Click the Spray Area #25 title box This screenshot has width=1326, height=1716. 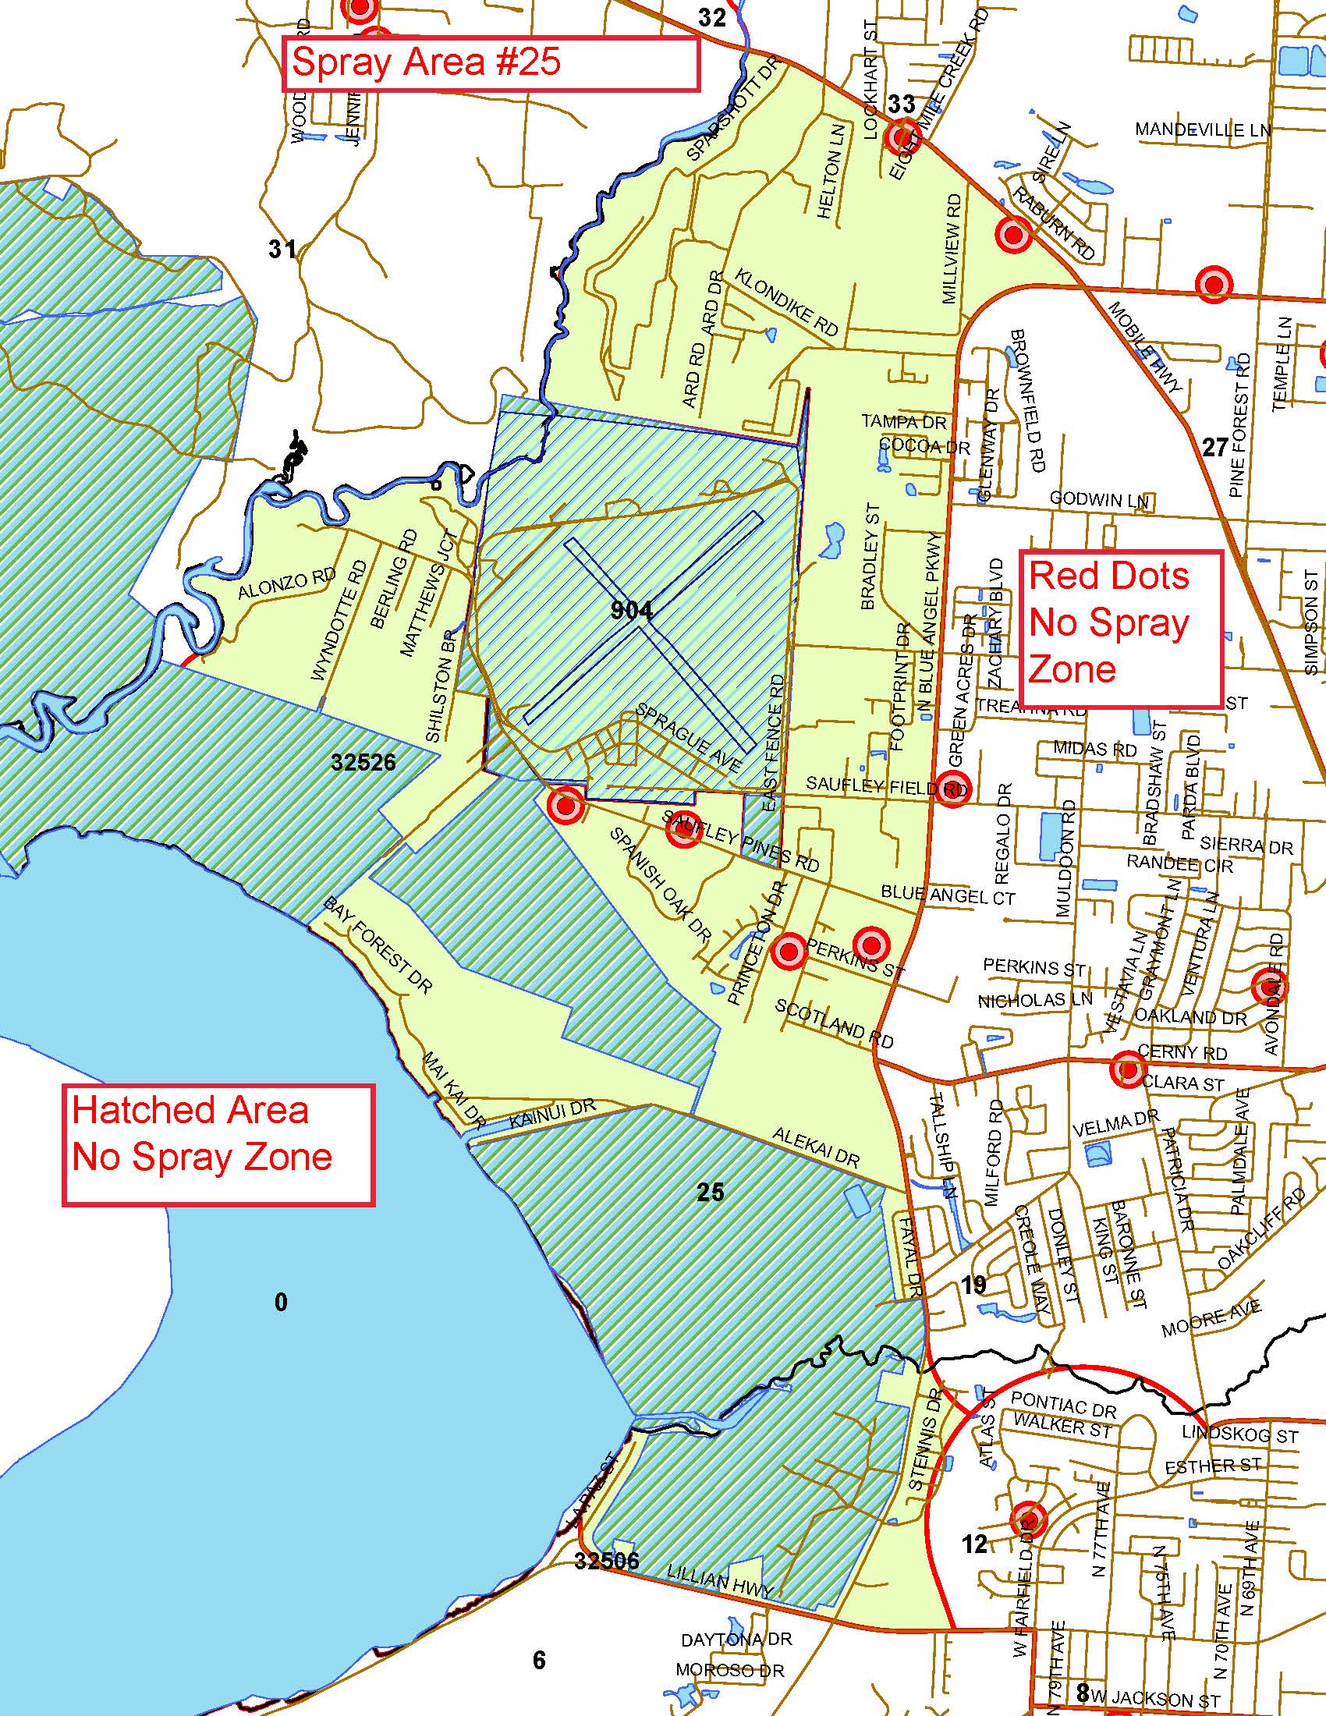point(490,64)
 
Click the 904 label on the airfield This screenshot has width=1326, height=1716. point(632,611)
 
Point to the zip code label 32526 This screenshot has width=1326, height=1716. point(363,762)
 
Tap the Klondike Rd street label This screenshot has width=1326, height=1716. point(786,303)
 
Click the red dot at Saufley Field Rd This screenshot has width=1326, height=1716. point(952,786)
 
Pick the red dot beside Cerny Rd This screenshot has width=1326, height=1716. point(1128,1069)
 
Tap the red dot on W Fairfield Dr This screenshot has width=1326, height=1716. point(1029,1519)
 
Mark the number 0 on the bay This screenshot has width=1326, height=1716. point(281,1303)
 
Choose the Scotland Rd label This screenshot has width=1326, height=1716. point(835,1024)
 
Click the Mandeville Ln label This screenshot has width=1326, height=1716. point(1202,129)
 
